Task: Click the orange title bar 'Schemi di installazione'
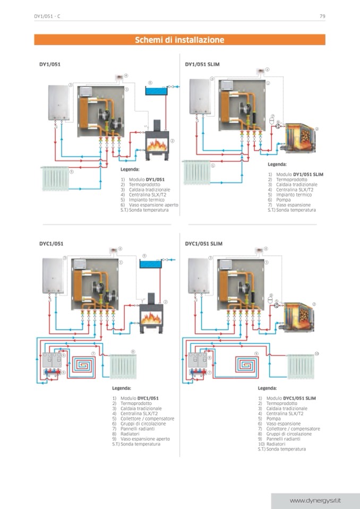pos(179,40)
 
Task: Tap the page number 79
pos(322,16)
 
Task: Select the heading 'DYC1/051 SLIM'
pos(203,244)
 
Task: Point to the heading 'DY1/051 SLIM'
pos(202,64)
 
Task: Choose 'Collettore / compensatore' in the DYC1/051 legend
pos(147,418)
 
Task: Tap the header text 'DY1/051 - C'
pos(47,16)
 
